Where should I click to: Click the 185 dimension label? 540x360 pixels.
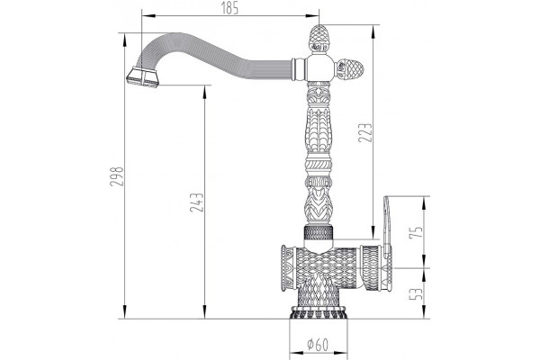click(x=229, y=7)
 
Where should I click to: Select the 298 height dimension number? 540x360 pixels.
click(x=116, y=176)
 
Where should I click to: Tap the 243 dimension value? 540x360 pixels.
click(x=197, y=202)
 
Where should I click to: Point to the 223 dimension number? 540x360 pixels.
click(x=365, y=132)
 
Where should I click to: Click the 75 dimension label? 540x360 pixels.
click(x=415, y=232)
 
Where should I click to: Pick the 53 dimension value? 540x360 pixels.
click(x=415, y=294)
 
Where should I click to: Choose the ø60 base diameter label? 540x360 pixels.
click(x=318, y=344)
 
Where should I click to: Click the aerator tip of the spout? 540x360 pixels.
click(x=142, y=77)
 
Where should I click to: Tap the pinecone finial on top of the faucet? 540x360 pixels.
click(x=319, y=39)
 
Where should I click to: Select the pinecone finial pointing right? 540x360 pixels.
click(x=349, y=68)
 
